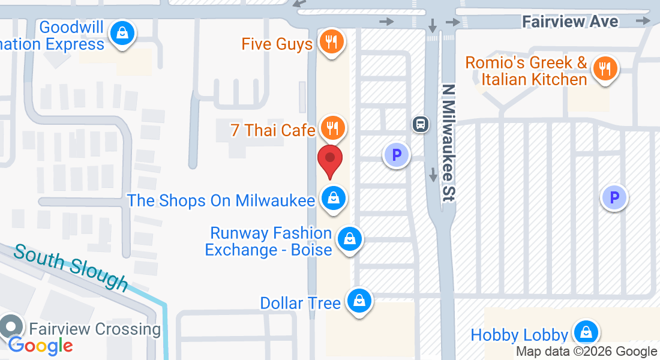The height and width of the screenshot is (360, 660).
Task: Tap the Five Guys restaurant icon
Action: coord(330,42)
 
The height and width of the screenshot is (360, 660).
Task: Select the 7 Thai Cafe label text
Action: coord(273,130)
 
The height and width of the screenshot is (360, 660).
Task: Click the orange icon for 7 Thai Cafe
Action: coord(330,127)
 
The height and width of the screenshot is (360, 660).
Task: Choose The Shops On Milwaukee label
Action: coord(221,200)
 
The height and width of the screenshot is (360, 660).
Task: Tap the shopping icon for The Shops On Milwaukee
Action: coord(332,198)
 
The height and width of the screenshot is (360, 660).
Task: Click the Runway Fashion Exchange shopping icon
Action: coord(349,239)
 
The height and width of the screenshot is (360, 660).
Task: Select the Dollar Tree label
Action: coord(300,303)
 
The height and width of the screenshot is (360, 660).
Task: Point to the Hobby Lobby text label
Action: coord(519,335)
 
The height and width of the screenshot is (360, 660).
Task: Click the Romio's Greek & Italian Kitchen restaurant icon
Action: coord(605,68)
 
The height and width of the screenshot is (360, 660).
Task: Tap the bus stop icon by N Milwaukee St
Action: coord(421,124)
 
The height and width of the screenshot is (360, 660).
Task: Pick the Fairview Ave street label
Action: coord(569,22)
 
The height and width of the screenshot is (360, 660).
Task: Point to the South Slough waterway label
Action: coord(71,266)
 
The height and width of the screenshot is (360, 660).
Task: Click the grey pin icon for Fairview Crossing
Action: coord(10,327)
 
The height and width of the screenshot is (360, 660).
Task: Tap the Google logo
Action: coord(40,345)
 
